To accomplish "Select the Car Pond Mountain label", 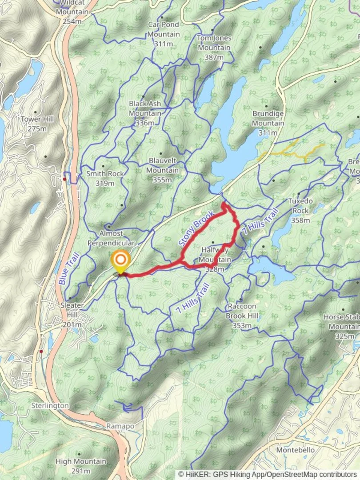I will coord(164,34).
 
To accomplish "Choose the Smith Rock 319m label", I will coord(105,178).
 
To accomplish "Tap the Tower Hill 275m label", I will coord(37,124).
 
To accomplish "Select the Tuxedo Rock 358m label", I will coord(300,210).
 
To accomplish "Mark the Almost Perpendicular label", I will coord(111,238).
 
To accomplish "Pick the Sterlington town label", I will coord(50,406).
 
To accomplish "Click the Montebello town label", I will coord(296,450).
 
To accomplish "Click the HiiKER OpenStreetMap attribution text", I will coord(268,475).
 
